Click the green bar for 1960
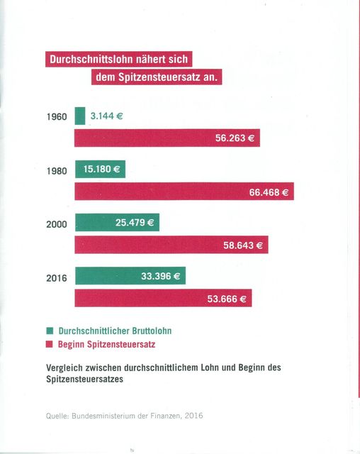pyautogui.click(x=80, y=116)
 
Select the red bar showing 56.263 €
pyautogui.click(x=167, y=138)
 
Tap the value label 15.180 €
pyautogui.click(x=102, y=169)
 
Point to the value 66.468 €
pyautogui.click(x=269, y=192)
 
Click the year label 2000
pyautogui.click(x=57, y=224)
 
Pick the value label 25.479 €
pyautogui.click(x=135, y=222)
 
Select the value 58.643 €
pyautogui.click(x=243, y=245)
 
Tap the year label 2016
pyautogui.click(x=57, y=278)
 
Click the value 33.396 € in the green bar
pyautogui.click(x=160, y=276)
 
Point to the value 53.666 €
pyautogui.click(x=227, y=299)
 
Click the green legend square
pyautogui.click(x=50, y=331)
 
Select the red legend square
pyautogui.click(x=50, y=344)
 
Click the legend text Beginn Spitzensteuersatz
pyautogui.click(x=107, y=344)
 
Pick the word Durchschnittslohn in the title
pyautogui.click(x=91, y=59)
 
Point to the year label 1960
pyautogui.click(x=57, y=116)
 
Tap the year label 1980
pyautogui.click(x=57, y=171)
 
